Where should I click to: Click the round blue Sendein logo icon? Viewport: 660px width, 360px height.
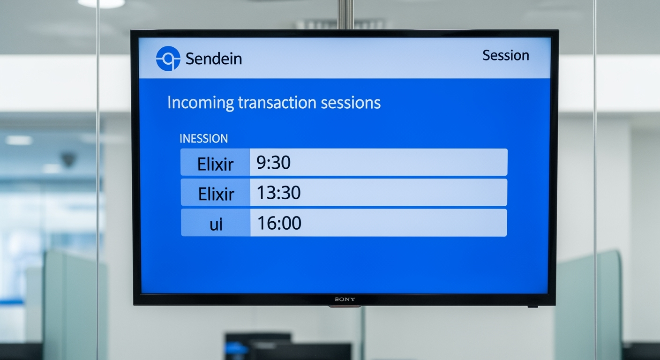(x=168, y=58)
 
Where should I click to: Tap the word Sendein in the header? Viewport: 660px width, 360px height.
(x=214, y=59)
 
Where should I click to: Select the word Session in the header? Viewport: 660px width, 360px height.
(x=506, y=55)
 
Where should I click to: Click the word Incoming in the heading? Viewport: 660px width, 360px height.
(x=201, y=103)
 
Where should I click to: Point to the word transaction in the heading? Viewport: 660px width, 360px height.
(x=277, y=103)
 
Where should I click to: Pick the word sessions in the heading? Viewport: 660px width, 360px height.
(x=351, y=103)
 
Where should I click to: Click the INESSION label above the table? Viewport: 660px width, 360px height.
(x=203, y=138)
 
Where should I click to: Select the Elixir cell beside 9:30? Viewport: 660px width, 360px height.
(x=215, y=162)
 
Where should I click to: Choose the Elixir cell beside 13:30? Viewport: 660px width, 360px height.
(x=215, y=192)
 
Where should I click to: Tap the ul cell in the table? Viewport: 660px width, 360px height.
(x=216, y=223)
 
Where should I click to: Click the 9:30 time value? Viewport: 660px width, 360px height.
(x=273, y=162)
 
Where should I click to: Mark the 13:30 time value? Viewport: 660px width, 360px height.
(x=279, y=193)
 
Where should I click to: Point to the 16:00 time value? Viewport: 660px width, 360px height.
(x=279, y=223)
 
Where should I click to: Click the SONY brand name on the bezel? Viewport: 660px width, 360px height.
(x=345, y=300)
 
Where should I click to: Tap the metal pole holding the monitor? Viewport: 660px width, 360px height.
(x=345, y=15)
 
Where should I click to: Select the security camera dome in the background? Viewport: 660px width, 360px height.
(x=68, y=159)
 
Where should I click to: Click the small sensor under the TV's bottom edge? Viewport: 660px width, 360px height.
(x=532, y=307)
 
